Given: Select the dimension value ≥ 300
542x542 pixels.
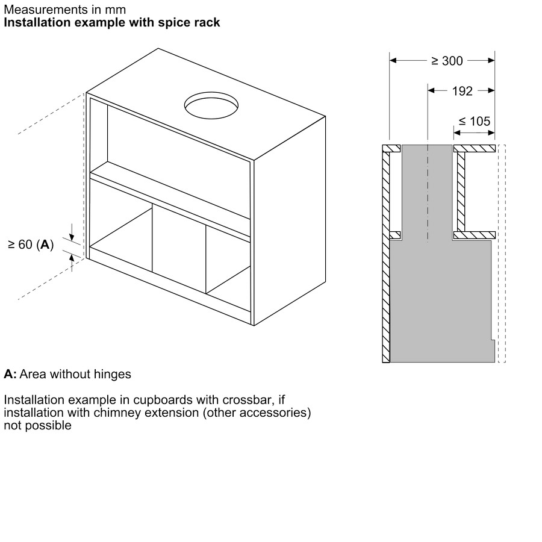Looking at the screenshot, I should [447, 61].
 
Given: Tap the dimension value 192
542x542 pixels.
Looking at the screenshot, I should [462, 91].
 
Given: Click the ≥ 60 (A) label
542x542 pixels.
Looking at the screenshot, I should [31, 245].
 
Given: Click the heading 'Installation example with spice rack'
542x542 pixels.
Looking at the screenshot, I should [112, 23].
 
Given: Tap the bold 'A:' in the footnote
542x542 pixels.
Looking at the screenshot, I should [10, 374].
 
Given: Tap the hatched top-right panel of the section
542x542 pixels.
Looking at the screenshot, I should [474, 148].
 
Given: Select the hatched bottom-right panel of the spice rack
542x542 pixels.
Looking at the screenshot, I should [474, 235].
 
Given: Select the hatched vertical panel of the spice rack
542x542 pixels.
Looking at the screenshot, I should [461, 192].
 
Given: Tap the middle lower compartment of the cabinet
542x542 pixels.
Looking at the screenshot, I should [179, 247].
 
